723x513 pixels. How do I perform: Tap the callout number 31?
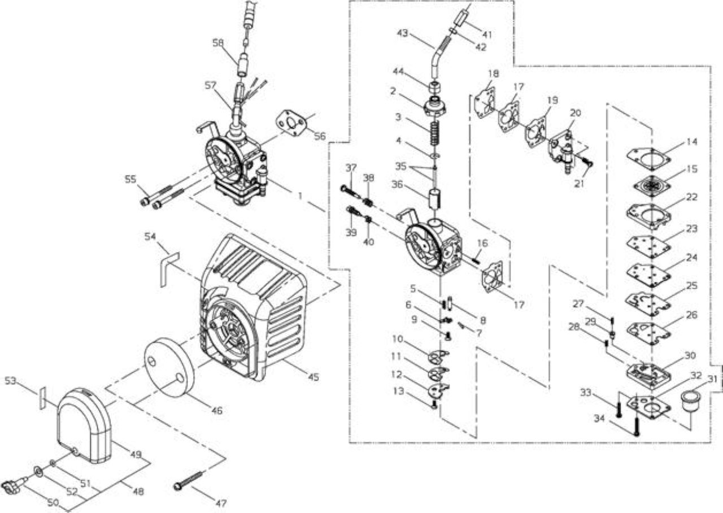711,379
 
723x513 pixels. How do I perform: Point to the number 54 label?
150,236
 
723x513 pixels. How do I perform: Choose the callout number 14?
691,141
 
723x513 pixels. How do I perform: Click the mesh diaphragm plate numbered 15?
649,186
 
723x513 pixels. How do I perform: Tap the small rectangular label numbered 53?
42,398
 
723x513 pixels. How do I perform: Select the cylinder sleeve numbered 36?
435,200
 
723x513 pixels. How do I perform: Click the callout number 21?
580,184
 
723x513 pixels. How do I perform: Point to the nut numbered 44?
434,87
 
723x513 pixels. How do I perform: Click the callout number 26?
691,315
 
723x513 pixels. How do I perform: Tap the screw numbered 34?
636,427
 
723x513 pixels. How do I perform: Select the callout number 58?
218,43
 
